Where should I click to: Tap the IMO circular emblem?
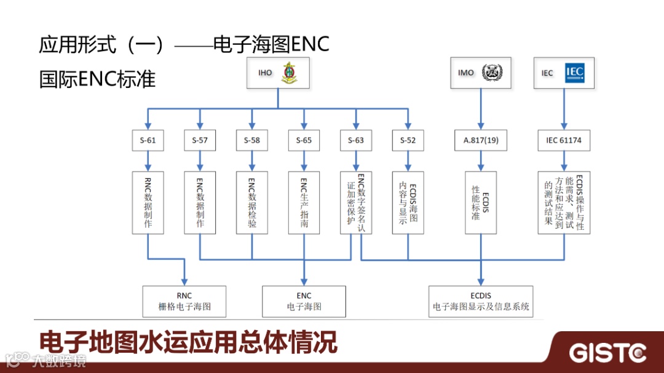pyautogui.click(x=491, y=73)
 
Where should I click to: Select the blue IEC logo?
pyautogui.click(x=574, y=73)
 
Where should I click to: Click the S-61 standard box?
pyautogui.click(x=148, y=140)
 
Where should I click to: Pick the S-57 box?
pyautogui.click(x=199, y=140)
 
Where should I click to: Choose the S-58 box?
pyautogui.click(x=251, y=140)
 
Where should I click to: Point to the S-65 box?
pyautogui.click(x=304, y=140)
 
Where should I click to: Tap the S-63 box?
pyautogui.click(x=355, y=140)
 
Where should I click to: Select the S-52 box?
pyautogui.click(x=408, y=140)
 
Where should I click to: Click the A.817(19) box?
pyautogui.click(x=481, y=140)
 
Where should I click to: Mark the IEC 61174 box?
pyautogui.click(x=564, y=140)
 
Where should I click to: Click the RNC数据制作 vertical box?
pyautogui.click(x=148, y=202)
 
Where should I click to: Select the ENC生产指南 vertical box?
pyautogui.click(x=304, y=202)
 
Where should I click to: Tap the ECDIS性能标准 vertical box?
pyautogui.click(x=481, y=202)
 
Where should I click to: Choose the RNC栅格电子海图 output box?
pyautogui.click(x=184, y=301)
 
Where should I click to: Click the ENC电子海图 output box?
pyautogui.click(x=304, y=301)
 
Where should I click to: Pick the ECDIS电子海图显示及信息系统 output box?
pyautogui.click(x=481, y=301)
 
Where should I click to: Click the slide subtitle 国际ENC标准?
pyautogui.click(x=97, y=79)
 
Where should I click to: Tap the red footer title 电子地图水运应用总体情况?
pyautogui.click(x=188, y=342)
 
